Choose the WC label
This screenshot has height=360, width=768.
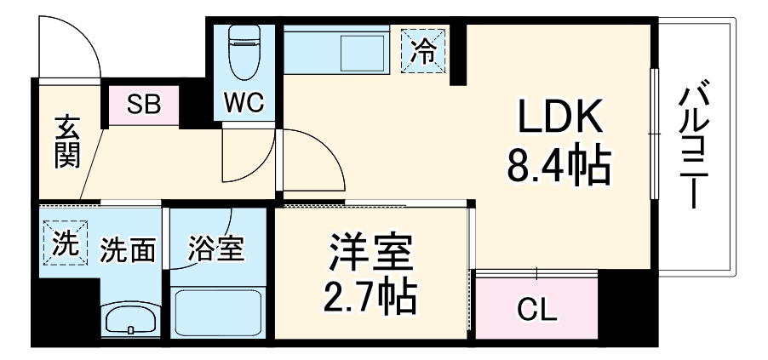point(244,104)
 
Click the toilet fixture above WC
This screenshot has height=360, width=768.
point(245,51)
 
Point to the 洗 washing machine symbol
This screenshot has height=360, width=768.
point(65,244)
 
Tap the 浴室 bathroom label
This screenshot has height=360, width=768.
point(216,249)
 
